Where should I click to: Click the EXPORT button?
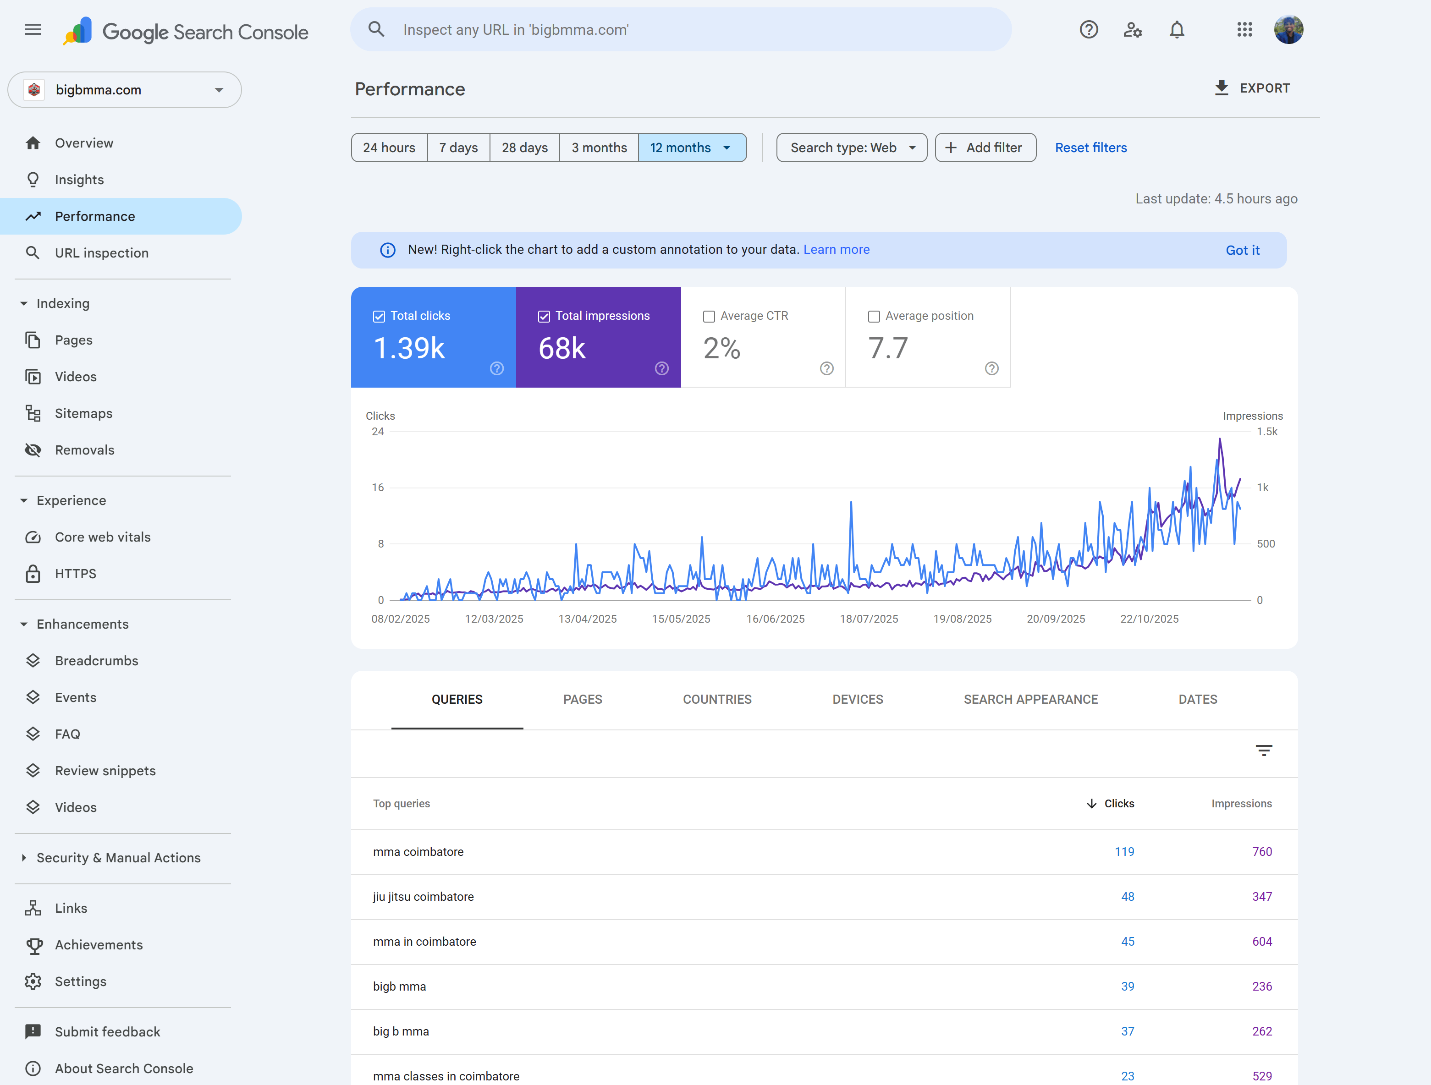(1252, 88)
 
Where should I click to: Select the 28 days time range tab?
(525, 148)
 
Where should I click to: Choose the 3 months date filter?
(599, 148)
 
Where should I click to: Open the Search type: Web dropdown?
(851, 148)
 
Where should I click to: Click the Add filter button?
(985, 148)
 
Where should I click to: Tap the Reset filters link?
(1091, 148)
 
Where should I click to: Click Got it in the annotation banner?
(1242, 250)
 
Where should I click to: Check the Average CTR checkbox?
(709, 316)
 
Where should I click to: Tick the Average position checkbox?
(874, 316)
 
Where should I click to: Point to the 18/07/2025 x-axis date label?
(869, 619)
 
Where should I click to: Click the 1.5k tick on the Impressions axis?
(1267, 431)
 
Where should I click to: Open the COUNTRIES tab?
(717, 699)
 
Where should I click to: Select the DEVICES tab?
(857, 699)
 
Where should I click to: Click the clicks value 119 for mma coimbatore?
(1124, 852)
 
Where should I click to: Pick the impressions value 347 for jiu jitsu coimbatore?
(1261, 896)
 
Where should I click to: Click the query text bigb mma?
(399, 986)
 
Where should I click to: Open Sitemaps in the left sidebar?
(83, 413)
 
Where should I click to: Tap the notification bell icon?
(1177, 30)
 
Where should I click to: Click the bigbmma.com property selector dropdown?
(125, 90)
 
